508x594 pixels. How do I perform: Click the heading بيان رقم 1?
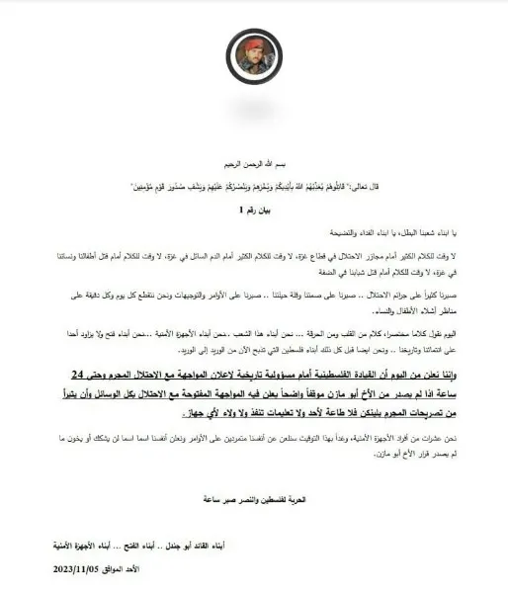253,210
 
